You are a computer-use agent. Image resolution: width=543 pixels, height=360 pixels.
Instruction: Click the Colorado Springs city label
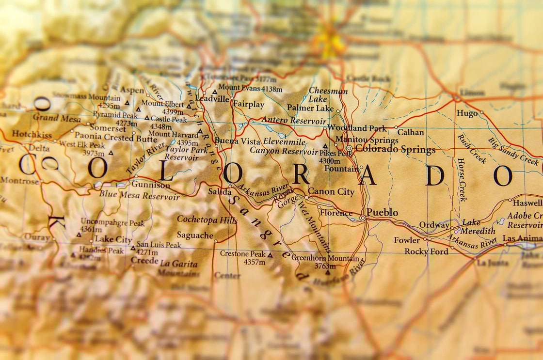[x=395, y=149]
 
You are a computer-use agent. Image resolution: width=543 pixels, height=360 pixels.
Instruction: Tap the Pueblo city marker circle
[x=363, y=218]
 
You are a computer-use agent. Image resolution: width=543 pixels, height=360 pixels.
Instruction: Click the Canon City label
[x=331, y=192]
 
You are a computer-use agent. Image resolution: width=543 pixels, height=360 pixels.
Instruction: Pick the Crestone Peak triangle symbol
[x=270, y=254]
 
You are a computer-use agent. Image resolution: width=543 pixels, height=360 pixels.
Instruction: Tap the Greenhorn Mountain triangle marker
[x=327, y=272]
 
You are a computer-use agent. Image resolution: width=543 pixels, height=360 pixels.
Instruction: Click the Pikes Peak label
[x=336, y=154]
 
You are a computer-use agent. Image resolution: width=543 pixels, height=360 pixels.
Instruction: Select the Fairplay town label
[x=249, y=104]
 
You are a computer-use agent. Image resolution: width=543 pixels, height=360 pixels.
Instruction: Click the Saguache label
[x=195, y=235]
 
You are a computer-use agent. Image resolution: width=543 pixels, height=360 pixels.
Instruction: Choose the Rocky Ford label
[x=426, y=251]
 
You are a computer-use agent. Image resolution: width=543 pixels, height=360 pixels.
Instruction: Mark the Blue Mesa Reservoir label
[x=139, y=197]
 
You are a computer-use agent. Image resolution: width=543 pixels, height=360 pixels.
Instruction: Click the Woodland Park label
[x=357, y=128]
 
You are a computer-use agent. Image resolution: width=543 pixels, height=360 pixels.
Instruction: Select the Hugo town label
[x=467, y=113]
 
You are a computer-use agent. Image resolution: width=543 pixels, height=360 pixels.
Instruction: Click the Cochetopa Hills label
[x=207, y=219]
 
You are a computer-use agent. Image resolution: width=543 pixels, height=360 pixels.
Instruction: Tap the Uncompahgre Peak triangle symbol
[x=79, y=235]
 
